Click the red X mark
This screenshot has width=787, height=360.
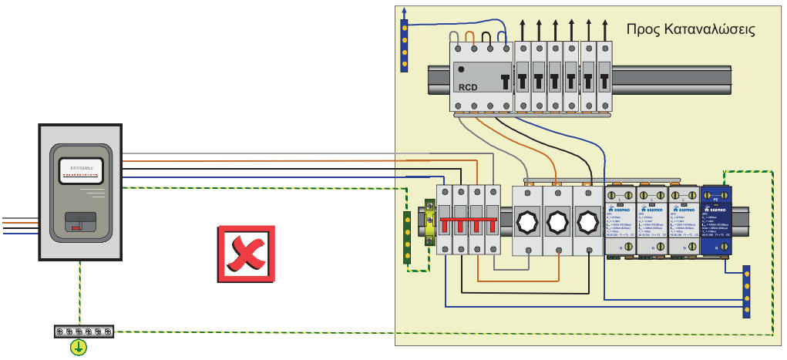(x=246, y=254)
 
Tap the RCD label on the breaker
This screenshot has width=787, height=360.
(x=469, y=86)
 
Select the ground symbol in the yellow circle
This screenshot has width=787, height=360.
(x=78, y=348)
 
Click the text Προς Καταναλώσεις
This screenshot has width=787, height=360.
(x=690, y=30)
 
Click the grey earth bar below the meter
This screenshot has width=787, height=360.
(x=84, y=331)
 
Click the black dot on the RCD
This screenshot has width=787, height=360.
(x=461, y=69)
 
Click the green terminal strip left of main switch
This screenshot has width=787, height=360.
(x=407, y=238)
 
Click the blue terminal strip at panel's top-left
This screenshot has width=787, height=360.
(x=404, y=45)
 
